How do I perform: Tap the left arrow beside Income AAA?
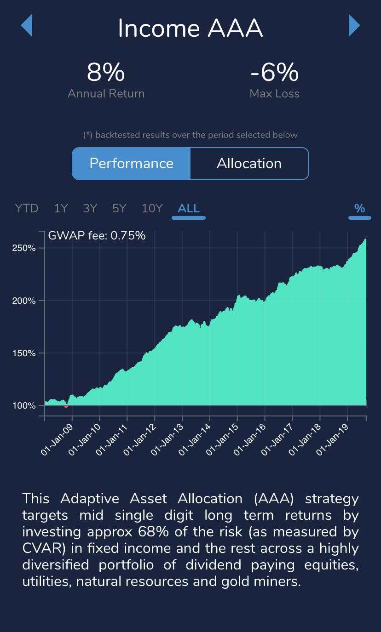pos(27,25)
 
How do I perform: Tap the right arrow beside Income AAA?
pos(354,25)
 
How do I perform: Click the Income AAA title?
pos(190,28)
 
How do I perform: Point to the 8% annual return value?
pos(106,72)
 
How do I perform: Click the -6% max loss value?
pos(274,72)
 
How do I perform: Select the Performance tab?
pos(131,164)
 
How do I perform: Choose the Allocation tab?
pos(249,164)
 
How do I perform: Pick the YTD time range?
pos(27,208)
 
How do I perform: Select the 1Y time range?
pos(61,208)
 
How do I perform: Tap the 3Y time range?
pos(90,208)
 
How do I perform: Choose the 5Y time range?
pos(119,208)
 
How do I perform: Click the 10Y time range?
pos(152,208)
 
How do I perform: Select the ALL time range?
pos(189,208)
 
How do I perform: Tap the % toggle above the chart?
pos(359,208)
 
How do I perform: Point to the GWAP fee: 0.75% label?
pos(97,236)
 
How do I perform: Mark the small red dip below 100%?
pos(66,406)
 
